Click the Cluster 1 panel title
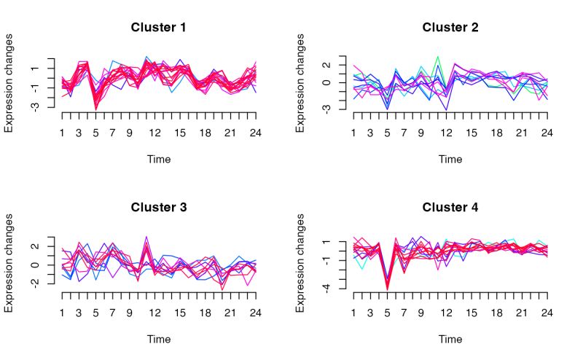click(159, 28)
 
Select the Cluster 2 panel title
click(450, 28)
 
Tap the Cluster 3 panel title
click(159, 208)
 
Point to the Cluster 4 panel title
click(450, 208)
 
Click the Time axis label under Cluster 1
click(159, 159)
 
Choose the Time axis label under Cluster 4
click(450, 339)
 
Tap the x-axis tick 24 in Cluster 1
click(256, 133)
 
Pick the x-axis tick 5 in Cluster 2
click(387, 133)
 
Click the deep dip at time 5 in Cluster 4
click(387, 289)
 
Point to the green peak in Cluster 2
click(438, 57)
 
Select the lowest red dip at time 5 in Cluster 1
click(96, 109)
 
